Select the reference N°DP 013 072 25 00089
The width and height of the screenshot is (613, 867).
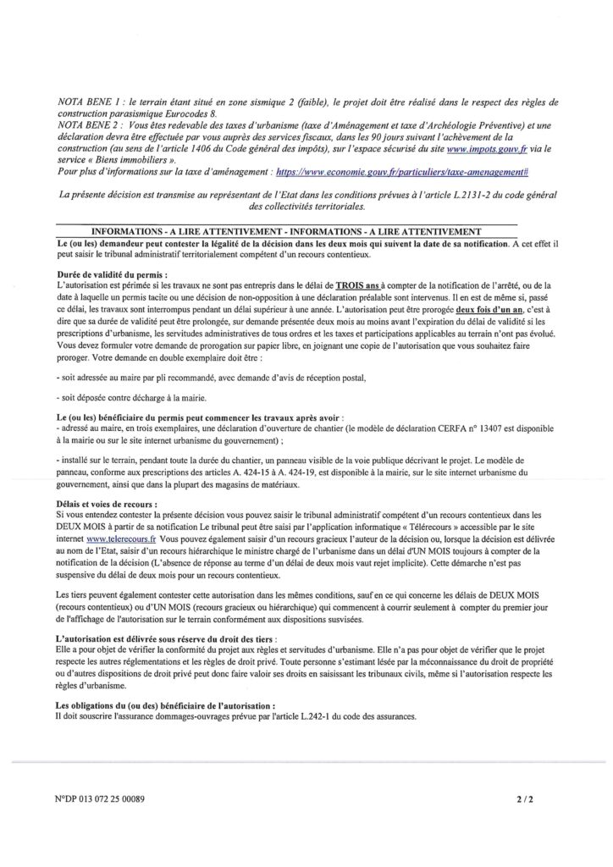point(106,797)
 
